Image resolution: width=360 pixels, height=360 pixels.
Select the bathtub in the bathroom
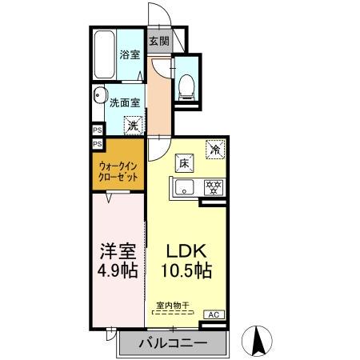[104, 54]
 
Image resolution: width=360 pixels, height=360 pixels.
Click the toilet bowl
[186, 82]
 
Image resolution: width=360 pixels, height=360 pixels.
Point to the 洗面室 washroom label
[126, 102]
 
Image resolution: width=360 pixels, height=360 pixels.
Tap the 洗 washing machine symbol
[134, 124]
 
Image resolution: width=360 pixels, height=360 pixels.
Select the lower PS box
[97, 144]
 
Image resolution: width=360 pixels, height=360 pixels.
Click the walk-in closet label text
[116, 170]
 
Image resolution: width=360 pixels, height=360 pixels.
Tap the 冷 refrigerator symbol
[215, 148]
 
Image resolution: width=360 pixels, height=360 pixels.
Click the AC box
[214, 315]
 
